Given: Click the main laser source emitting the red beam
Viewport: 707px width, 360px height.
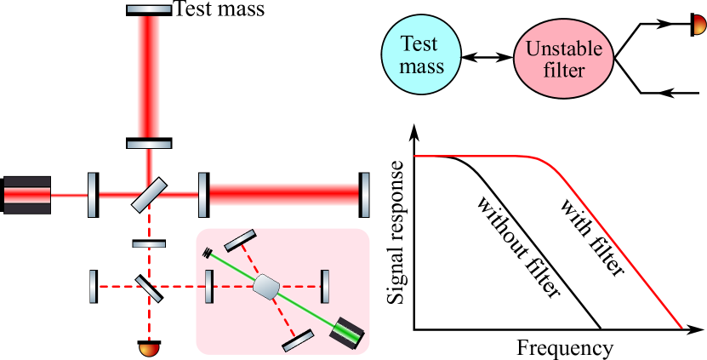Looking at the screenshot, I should (26, 195).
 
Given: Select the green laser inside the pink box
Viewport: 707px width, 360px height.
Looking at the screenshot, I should (350, 332).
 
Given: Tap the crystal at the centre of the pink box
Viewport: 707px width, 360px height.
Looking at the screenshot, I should (267, 286).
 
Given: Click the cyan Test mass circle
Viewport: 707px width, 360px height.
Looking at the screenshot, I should (422, 54).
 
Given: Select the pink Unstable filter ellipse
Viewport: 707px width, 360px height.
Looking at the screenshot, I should (563, 59).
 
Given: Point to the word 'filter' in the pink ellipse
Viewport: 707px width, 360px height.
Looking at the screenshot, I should (563, 70).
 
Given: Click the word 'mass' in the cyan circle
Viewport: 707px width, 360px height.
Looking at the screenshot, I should (422, 65).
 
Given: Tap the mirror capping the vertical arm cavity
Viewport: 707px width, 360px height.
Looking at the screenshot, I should (149, 9).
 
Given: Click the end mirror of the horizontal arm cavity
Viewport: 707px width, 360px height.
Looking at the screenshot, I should (365, 194).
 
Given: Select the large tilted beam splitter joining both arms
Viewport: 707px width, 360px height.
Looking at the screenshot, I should (149, 195).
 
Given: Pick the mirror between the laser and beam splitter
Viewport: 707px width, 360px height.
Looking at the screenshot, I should (92, 195).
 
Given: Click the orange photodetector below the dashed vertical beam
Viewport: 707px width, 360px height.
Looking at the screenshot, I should (149, 348).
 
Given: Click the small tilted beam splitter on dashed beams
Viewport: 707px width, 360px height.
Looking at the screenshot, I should (148, 287).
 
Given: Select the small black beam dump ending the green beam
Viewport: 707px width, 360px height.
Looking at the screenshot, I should (208, 252).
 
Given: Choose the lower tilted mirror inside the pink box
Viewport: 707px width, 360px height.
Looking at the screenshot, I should (297, 340).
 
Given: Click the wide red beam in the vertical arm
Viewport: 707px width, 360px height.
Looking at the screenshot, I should (149, 77).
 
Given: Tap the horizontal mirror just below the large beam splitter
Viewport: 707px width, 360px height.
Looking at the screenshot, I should (149, 244).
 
